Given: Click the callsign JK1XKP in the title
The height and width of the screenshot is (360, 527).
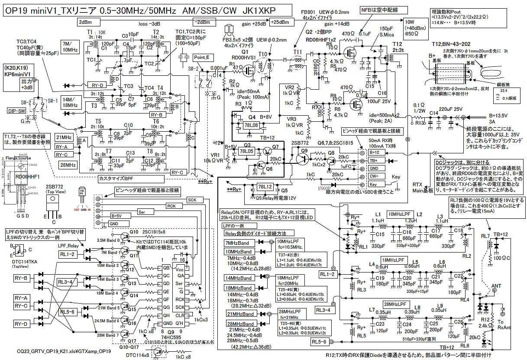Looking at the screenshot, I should point(256,10).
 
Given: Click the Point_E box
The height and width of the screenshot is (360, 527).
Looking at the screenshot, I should point(201,58).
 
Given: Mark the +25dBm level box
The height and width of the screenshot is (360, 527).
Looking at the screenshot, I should point(280,22).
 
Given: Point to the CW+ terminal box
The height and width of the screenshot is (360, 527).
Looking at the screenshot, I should point(374,176).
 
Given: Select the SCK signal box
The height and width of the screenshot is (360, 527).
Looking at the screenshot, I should point(191,199).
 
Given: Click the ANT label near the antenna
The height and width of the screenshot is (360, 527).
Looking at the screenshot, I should point(497,286).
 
